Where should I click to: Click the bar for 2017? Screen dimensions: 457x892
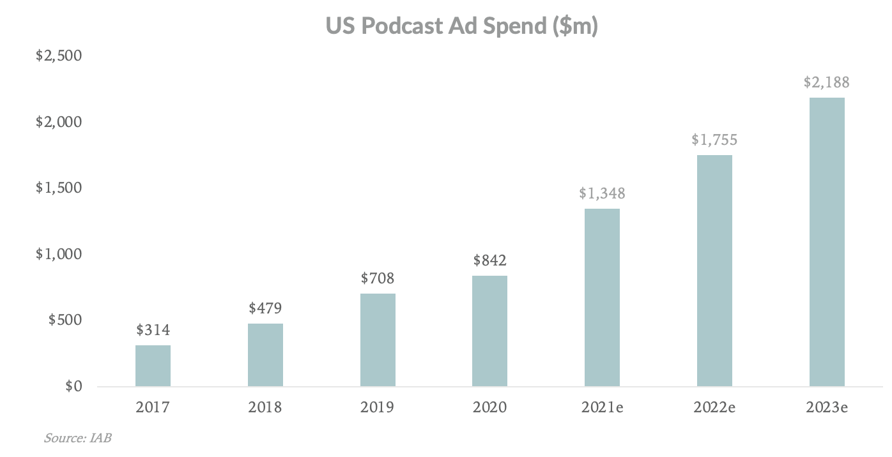pos(153,366)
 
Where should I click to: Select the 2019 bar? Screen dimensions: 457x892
pos(378,340)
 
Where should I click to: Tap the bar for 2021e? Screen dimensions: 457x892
pos(602,297)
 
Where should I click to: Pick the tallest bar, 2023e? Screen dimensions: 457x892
pos(827,242)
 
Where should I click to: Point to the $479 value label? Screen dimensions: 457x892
pos(265,308)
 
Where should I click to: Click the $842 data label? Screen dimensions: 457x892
pos(490,260)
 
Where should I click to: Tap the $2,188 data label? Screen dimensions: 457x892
pos(827,82)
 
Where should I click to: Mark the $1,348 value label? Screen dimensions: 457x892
pos(602,193)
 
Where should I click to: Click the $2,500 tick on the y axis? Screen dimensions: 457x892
pos(59,56)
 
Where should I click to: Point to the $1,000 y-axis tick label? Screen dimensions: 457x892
pos(59,254)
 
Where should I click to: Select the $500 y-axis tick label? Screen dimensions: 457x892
pos(65,320)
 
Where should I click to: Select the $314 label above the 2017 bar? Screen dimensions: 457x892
pos(153,330)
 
